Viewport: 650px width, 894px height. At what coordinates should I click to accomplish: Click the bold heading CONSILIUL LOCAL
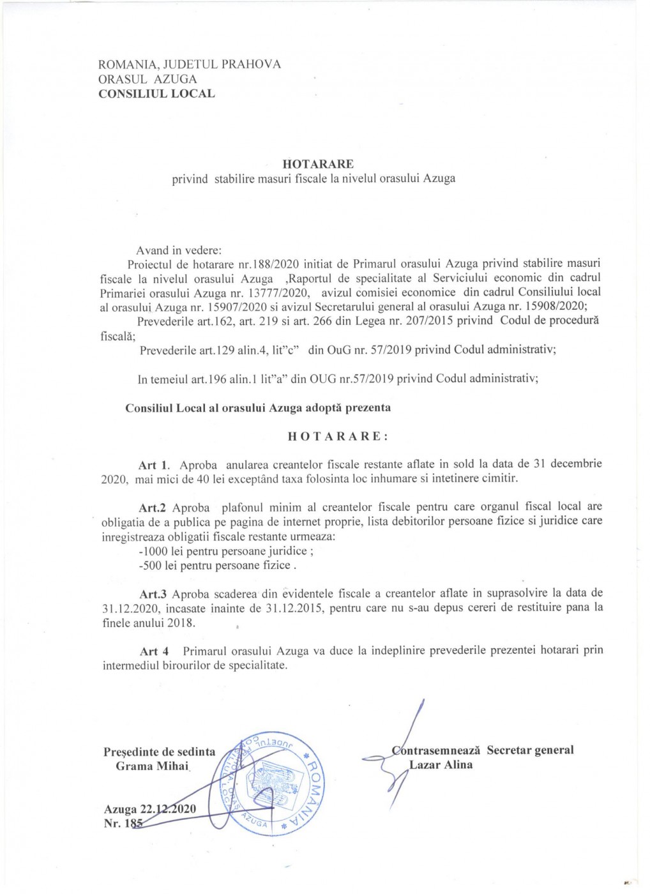click(156, 93)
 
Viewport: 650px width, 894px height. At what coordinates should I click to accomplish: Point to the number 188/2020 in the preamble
click(272, 263)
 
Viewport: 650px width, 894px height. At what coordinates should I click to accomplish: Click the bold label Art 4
click(155, 651)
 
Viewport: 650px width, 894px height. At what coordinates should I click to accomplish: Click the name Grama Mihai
click(152, 766)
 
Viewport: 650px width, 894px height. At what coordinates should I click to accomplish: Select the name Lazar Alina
click(441, 764)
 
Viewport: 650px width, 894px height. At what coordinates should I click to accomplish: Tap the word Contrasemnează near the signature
click(437, 750)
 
